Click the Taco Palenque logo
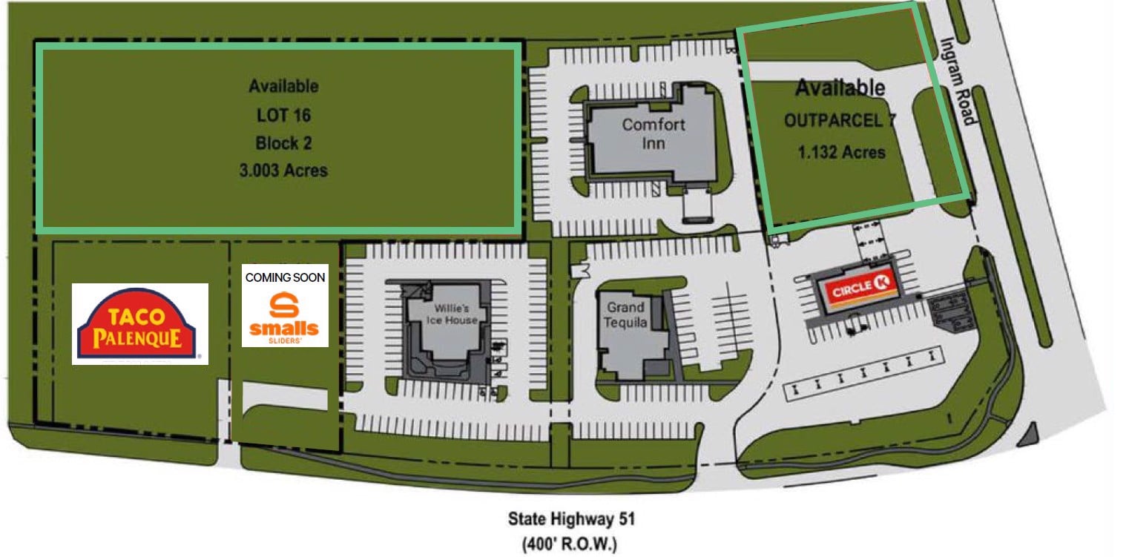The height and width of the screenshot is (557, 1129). point(139,324)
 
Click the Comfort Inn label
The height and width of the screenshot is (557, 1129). point(654,133)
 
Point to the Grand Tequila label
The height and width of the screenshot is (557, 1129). point(625,314)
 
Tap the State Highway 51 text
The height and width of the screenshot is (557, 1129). point(571,518)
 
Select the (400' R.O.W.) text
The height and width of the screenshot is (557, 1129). point(571,544)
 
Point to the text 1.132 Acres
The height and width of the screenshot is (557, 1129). point(842,152)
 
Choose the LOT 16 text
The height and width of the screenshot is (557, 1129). point(283,115)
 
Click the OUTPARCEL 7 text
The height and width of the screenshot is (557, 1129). point(839,121)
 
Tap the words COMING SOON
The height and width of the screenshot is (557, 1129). point(285,277)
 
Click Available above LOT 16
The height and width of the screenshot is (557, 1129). point(283,86)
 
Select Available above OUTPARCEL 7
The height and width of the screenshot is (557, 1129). point(840,88)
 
